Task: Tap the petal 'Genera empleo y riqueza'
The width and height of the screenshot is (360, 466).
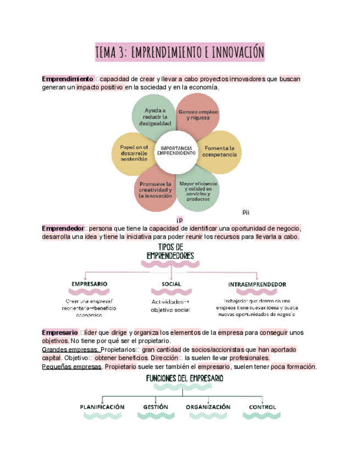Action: point(198,114)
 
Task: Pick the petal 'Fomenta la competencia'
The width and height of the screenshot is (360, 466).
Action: point(219,151)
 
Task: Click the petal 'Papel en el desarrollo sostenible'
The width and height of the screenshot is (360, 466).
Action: point(134,153)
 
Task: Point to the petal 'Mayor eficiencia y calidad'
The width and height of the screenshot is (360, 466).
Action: point(198,191)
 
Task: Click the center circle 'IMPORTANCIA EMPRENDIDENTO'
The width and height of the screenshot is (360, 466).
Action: point(176,151)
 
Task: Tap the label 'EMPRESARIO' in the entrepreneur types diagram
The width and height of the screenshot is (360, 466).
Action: point(89,284)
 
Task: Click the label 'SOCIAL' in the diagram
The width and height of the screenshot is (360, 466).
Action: point(171,284)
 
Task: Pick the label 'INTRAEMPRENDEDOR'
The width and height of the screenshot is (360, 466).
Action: point(257,284)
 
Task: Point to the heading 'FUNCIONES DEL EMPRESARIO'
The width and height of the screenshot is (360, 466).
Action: point(184,379)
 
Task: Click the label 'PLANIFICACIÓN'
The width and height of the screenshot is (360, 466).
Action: point(102,407)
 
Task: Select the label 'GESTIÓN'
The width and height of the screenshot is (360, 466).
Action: point(156,407)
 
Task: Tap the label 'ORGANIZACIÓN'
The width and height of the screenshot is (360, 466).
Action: point(208,407)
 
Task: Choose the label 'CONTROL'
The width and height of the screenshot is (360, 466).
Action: point(262,407)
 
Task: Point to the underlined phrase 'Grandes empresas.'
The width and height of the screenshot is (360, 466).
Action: point(70,349)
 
